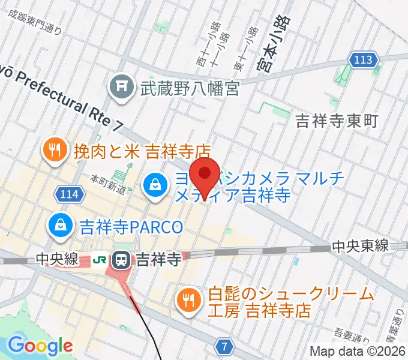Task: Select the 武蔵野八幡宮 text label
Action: click(190, 89)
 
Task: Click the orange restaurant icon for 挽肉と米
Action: click(55, 150)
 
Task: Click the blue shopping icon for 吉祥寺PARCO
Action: click(61, 226)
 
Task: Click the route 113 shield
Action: click(364, 60)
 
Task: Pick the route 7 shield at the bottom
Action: click(224, 346)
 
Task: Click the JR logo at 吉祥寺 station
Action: click(100, 260)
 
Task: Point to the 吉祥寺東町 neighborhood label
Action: click(337, 121)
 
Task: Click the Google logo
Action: click(40, 346)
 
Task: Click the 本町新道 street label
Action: click(108, 184)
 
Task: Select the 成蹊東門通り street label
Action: click(34, 22)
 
